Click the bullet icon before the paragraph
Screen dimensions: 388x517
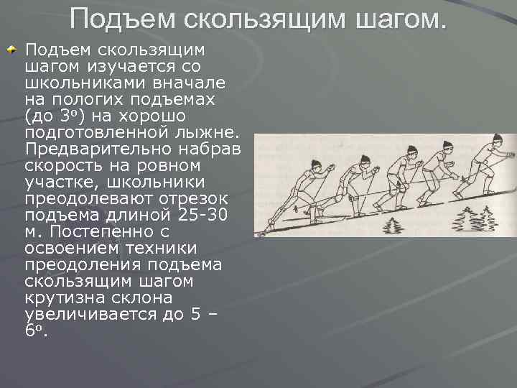(x=11, y=50)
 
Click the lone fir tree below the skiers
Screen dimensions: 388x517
(x=392, y=225)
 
